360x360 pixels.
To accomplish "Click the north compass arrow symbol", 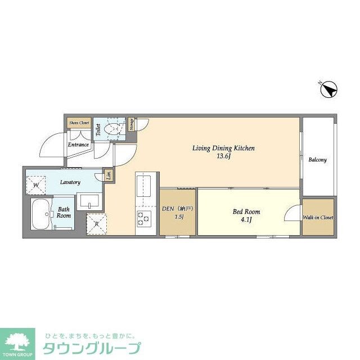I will (328, 89).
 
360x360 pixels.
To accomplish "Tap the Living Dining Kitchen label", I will (224, 148).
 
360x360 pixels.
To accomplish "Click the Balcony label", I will (317, 160).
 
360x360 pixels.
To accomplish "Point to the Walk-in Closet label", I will (318, 217).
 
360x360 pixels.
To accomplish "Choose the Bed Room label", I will (246, 211).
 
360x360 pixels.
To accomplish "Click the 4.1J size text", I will (246, 220).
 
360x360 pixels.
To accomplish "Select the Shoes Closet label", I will (79, 122).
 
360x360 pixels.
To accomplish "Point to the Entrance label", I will (79, 145).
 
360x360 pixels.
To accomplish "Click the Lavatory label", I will (71, 182).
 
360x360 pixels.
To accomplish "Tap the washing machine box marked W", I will (36, 184).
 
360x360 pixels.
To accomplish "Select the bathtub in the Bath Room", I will (39, 213).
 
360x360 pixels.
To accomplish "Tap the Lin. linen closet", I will (109, 175).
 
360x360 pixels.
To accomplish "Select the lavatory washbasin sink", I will (90, 201).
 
